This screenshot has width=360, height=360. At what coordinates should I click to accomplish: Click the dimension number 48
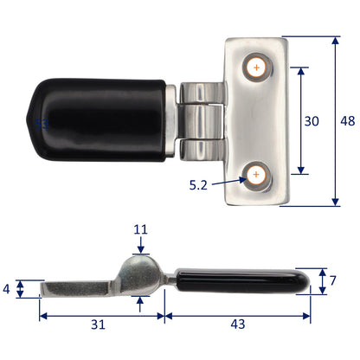click(x=348, y=122)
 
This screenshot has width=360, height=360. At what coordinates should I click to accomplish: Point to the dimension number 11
click(x=141, y=230)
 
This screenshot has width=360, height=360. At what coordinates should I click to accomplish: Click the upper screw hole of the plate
click(x=256, y=67)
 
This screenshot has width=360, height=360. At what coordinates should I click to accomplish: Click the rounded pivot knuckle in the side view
click(x=141, y=269)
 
